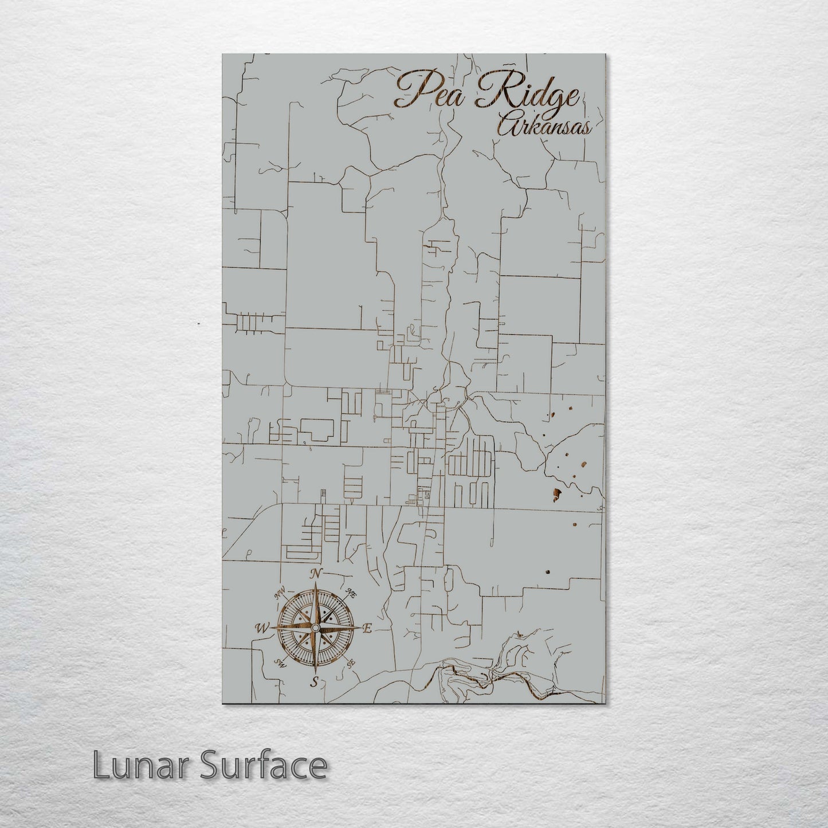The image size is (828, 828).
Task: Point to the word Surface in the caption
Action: (x=261, y=765)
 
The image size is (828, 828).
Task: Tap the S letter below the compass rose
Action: (x=314, y=681)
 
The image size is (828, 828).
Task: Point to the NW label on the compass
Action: (x=280, y=595)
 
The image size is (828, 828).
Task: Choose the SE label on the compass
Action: (x=351, y=664)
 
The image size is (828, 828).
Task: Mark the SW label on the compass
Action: (x=280, y=664)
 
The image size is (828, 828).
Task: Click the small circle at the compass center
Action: (x=315, y=629)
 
